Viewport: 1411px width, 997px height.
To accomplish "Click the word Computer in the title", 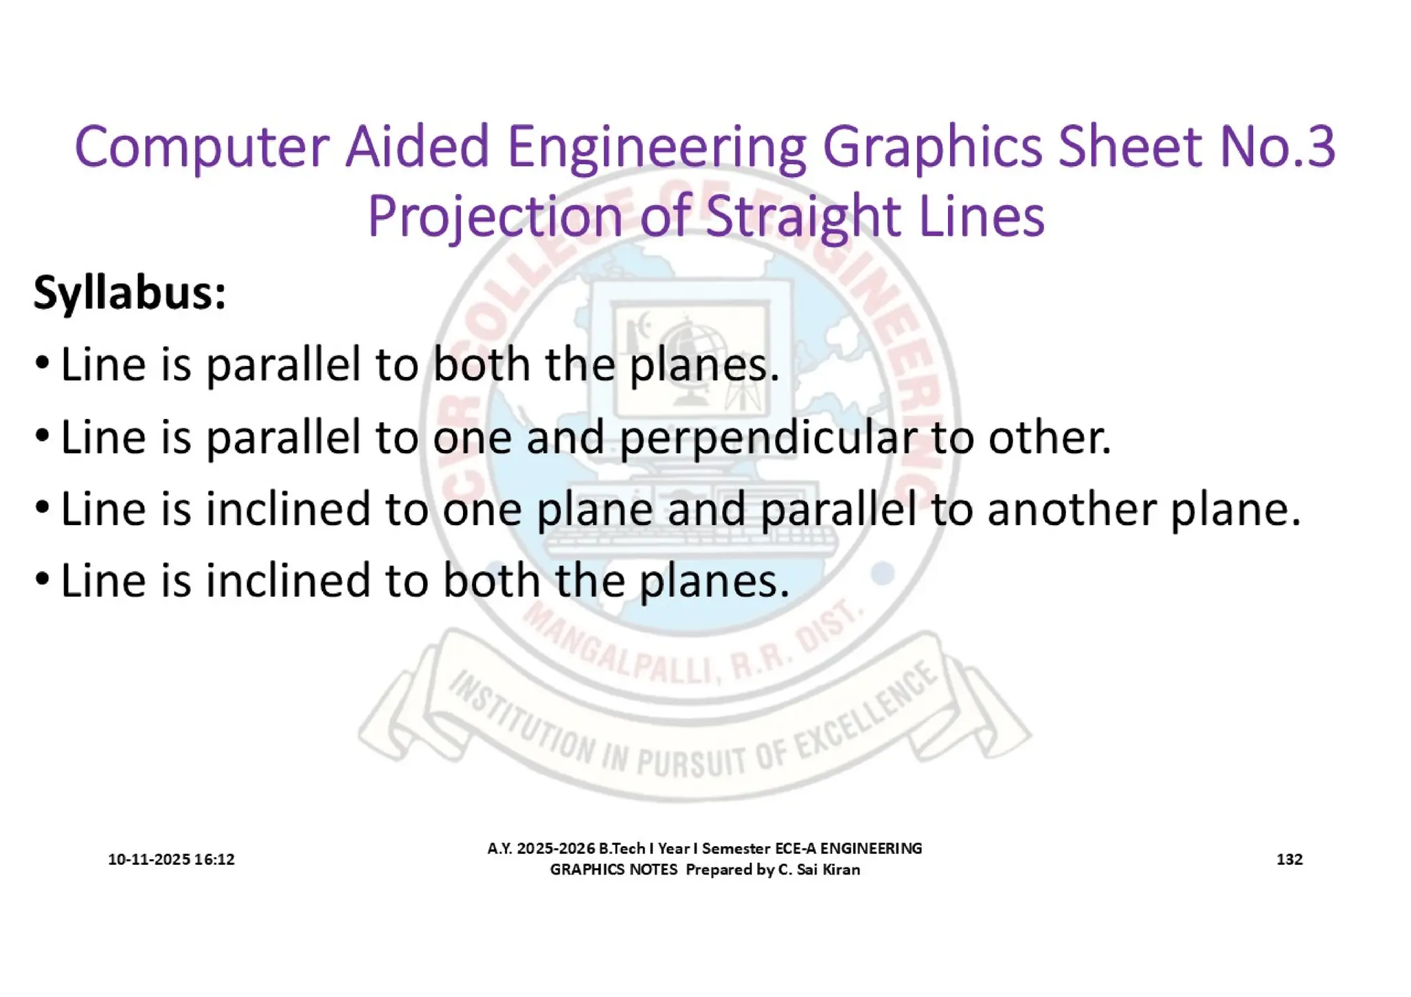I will [201, 148].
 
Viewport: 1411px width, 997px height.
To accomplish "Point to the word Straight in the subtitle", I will [803, 218].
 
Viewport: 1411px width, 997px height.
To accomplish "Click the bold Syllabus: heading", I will [130, 293].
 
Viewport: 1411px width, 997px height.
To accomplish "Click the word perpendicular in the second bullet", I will [768, 438].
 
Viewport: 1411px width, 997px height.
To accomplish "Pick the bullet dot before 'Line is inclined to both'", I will [42, 579].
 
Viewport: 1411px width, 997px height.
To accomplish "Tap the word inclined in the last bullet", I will [288, 580].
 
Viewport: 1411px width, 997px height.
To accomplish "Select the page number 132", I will [1289, 859].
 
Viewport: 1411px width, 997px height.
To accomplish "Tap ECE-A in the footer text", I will [795, 848].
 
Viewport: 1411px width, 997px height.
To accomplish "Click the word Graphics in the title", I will [933, 148].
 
